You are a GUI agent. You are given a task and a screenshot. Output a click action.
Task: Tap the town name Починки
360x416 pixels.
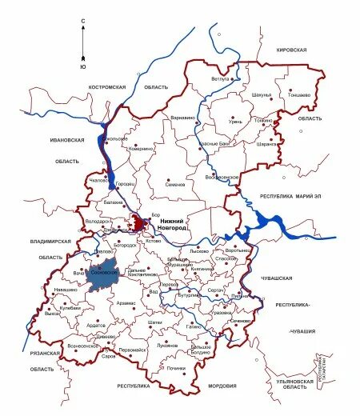tap(176, 368)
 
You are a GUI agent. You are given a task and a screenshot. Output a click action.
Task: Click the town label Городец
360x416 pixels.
tap(126, 185)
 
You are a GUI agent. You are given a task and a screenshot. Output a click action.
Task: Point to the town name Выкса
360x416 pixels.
tap(53, 314)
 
